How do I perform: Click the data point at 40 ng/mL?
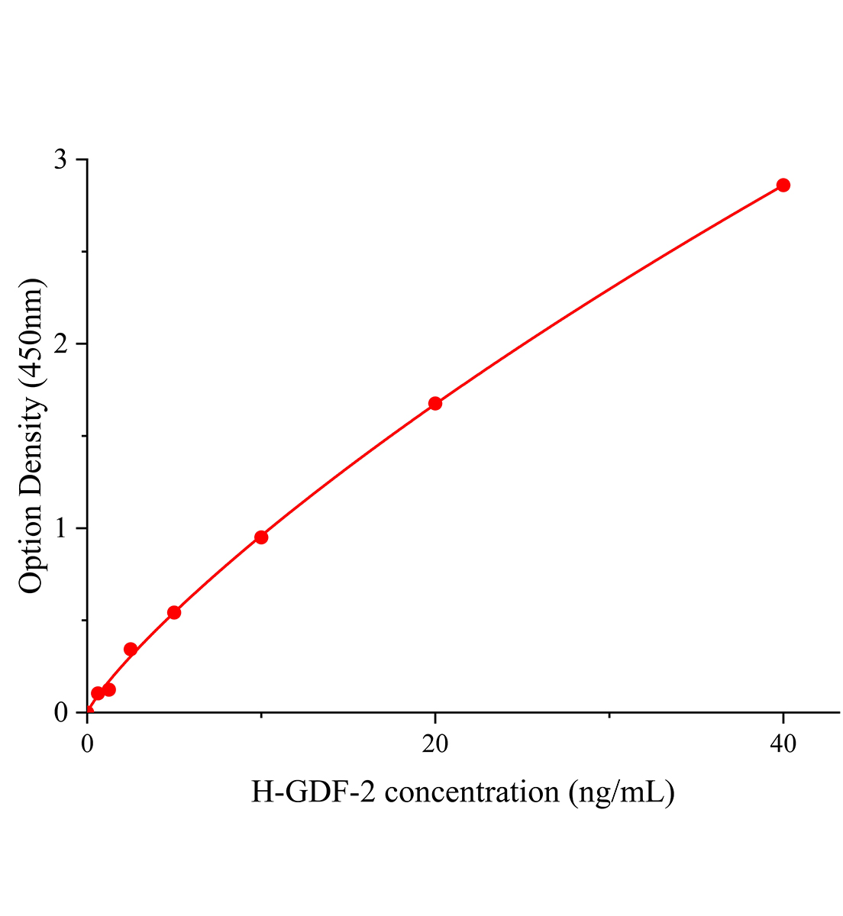783,185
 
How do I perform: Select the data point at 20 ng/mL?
435,403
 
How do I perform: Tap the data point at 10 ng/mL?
261,537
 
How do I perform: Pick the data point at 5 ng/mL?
174,612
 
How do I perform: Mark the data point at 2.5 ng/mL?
131,650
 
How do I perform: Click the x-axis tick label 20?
435,744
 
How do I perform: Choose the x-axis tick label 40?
783,744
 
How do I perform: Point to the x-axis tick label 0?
87,744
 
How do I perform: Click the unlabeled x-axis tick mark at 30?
609,716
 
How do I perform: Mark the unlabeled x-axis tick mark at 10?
261,716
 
